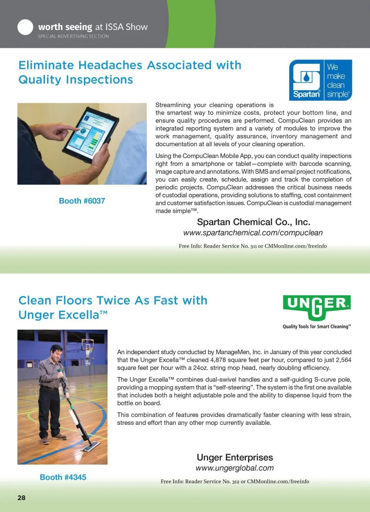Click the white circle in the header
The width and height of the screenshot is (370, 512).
point(25,27)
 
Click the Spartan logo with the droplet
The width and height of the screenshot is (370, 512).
point(306,80)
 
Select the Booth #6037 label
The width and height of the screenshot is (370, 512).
point(82,201)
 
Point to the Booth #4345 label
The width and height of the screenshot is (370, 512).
point(63,477)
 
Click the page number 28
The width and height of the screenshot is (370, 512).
point(22,497)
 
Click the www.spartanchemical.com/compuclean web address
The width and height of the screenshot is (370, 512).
point(253,233)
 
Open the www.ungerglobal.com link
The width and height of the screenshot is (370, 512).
point(235,468)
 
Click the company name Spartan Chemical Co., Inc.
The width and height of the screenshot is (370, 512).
point(253,222)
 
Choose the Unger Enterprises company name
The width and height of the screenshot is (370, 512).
point(235,457)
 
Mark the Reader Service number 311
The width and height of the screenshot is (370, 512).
point(253,246)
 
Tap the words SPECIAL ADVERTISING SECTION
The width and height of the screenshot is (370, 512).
point(73,36)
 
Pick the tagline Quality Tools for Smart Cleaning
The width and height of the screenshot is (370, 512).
point(317,327)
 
